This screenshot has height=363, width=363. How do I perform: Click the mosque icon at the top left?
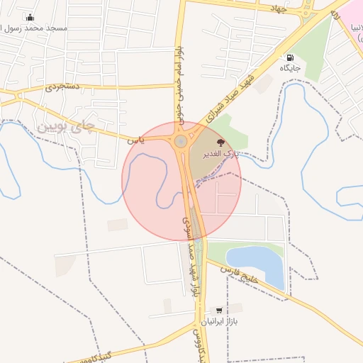click(29, 17)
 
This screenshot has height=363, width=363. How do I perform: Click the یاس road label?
click(136, 140)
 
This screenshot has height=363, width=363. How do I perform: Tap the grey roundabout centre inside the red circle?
click(181, 141)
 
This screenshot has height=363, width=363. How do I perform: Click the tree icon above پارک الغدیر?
click(219, 142)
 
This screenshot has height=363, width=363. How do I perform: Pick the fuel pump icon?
click(290, 57)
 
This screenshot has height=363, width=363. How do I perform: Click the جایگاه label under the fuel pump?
click(290, 68)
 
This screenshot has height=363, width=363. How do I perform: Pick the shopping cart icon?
click(218, 311)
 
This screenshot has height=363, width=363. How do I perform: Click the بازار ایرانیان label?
click(219, 322)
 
